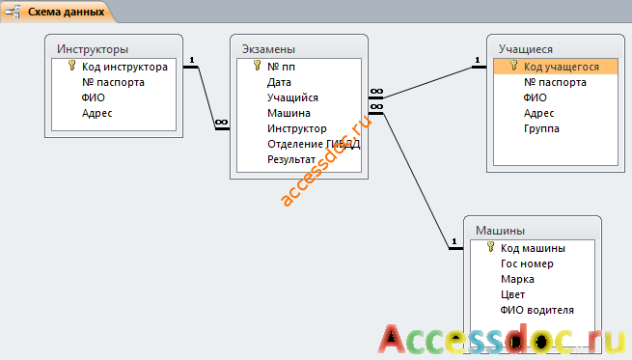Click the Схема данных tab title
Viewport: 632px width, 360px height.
67,12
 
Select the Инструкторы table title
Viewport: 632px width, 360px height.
93,49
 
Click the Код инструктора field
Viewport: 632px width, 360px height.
124,67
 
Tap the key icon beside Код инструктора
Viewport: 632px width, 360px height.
71,66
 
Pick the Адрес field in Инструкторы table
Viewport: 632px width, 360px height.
96,113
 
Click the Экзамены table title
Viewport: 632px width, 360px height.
268,49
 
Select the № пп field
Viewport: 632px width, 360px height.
281,67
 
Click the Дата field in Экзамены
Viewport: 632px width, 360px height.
279,82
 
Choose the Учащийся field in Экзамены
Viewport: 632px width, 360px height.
292,97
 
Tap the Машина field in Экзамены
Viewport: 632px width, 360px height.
289,113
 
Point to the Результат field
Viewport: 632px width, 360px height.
291,159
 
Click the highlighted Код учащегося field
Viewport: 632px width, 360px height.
562,67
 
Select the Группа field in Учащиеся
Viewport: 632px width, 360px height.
541,129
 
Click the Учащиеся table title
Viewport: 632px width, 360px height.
526,49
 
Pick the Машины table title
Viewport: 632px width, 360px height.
500,231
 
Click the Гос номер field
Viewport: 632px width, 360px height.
527,263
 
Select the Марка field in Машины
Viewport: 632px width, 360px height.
517,279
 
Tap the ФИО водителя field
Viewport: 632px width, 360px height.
536,311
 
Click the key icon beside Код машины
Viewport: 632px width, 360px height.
490,247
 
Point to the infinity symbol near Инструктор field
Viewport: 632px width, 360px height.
221,123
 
